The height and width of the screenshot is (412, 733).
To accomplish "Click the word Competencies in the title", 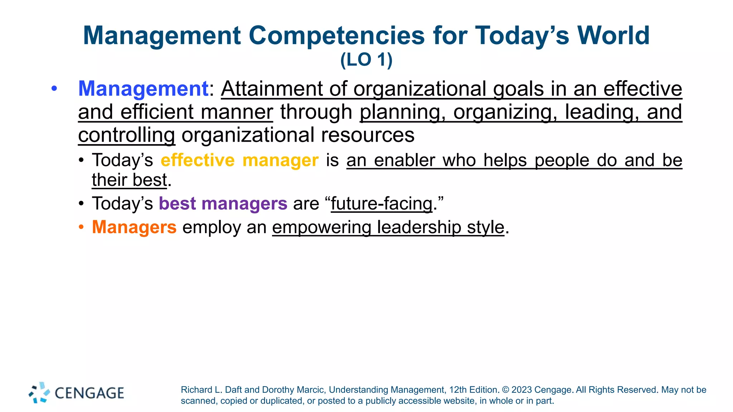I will pyautogui.click(x=336, y=36).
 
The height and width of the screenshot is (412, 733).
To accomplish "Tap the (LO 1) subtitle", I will pyautogui.click(x=366, y=60).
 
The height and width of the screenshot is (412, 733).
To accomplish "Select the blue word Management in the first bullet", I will pyautogui.click(x=143, y=89).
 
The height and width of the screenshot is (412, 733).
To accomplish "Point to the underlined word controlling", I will pyautogui.click(x=126, y=135).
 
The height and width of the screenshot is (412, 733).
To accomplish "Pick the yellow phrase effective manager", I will pyautogui.click(x=239, y=160).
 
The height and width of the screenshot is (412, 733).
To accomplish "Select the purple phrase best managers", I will pyautogui.click(x=223, y=203).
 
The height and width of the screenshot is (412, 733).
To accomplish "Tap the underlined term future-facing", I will pyautogui.click(x=382, y=203).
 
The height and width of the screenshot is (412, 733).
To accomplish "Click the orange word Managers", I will pyautogui.click(x=134, y=227).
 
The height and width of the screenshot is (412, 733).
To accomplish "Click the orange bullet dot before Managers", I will pyautogui.click(x=81, y=227).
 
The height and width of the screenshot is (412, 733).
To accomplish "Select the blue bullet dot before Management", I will pyautogui.click(x=54, y=88).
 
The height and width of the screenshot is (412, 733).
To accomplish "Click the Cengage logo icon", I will pyautogui.click(x=39, y=393).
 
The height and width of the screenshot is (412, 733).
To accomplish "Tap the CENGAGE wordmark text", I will pyautogui.click(x=89, y=393).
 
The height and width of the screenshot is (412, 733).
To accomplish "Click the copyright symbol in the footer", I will pyautogui.click(x=505, y=390).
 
